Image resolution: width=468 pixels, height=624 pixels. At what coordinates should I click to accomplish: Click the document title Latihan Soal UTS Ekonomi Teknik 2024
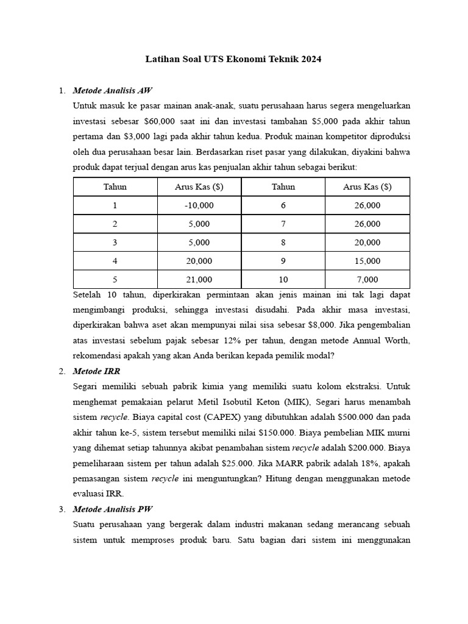click(233, 59)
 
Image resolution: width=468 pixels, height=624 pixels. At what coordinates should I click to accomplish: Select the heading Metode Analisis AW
click(112, 91)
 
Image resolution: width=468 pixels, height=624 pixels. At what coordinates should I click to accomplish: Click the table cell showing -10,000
click(199, 205)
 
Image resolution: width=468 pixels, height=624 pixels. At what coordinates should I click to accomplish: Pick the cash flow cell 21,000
click(199, 280)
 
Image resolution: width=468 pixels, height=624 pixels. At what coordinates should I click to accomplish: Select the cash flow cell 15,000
click(367, 261)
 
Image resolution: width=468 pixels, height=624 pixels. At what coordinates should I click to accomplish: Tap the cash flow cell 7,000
click(367, 280)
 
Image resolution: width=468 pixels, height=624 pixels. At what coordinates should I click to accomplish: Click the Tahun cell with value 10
click(283, 280)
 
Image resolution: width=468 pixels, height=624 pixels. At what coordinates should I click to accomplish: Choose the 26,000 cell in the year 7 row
click(367, 224)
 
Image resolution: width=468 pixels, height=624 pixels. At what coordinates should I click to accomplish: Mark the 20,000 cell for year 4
click(199, 261)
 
